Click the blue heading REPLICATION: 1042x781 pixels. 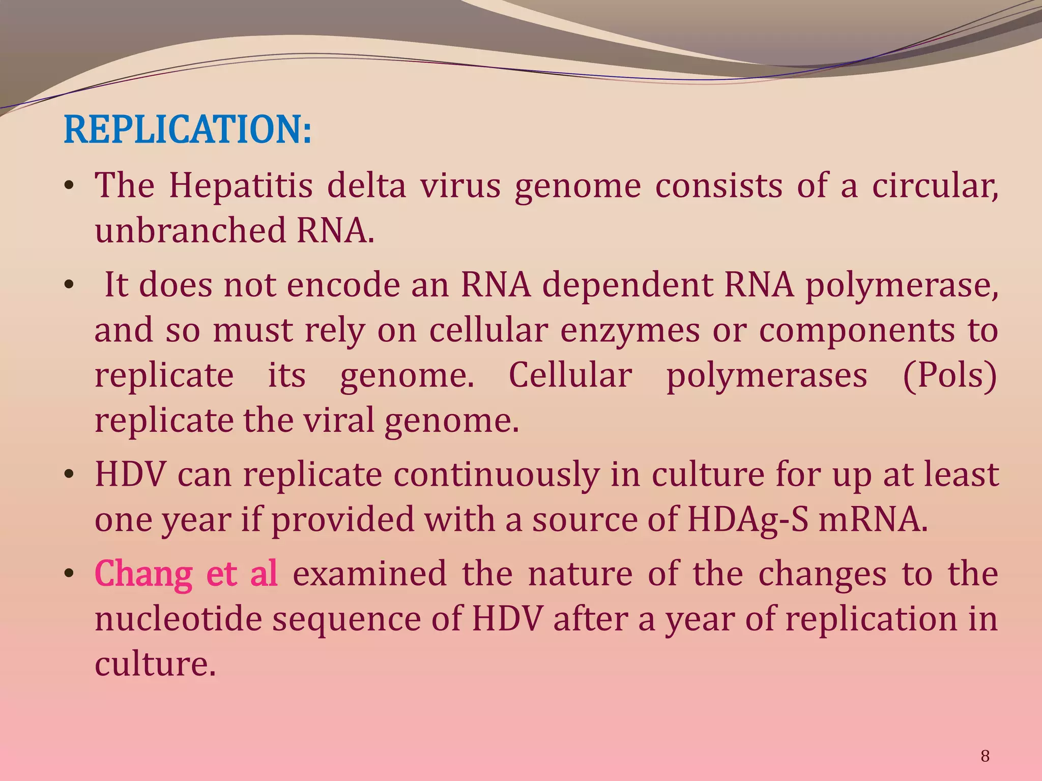click(x=187, y=130)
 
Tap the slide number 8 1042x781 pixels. click(x=985, y=757)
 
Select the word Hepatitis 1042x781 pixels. click(x=241, y=186)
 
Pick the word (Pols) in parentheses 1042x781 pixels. click(x=950, y=375)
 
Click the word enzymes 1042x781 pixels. click(x=630, y=331)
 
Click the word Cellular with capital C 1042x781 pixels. click(x=570, y=375)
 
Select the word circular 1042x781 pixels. click(x=935, y=186)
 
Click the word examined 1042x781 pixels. click(x=370, y=574)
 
